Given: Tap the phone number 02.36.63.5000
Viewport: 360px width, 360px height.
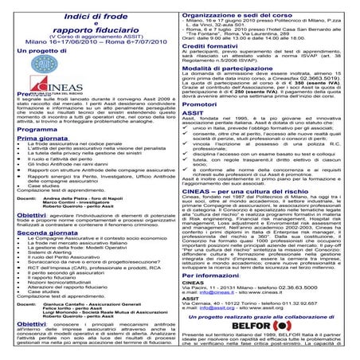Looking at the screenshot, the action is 301,309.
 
